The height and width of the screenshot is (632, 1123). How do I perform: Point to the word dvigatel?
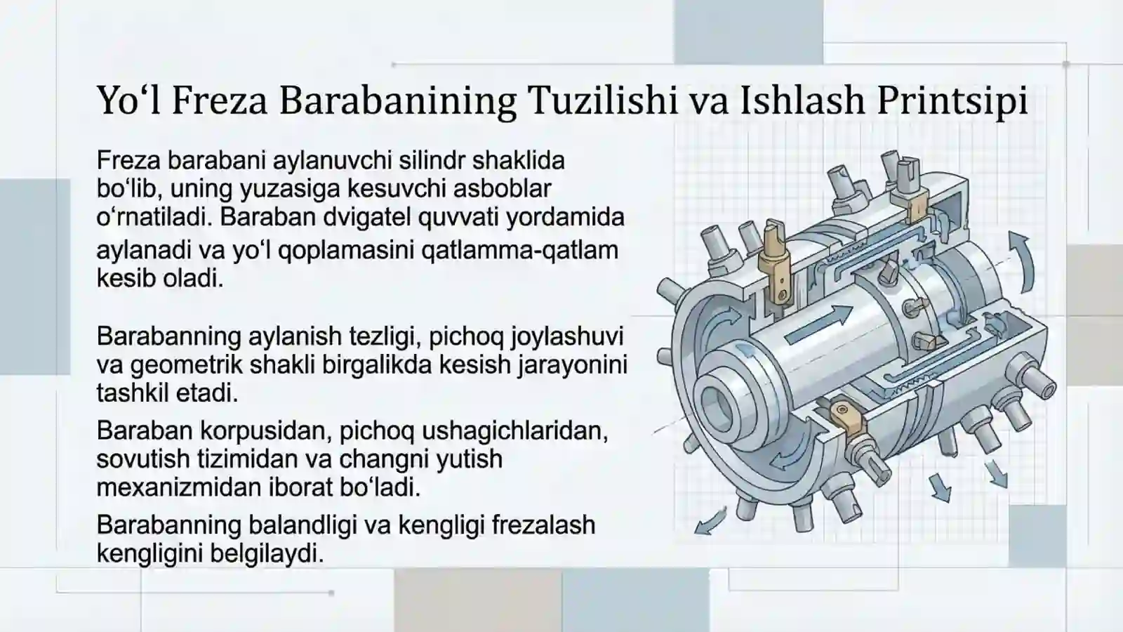(x=367, y=217)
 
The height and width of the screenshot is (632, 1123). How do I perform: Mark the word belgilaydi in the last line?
(x=267, y=553)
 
